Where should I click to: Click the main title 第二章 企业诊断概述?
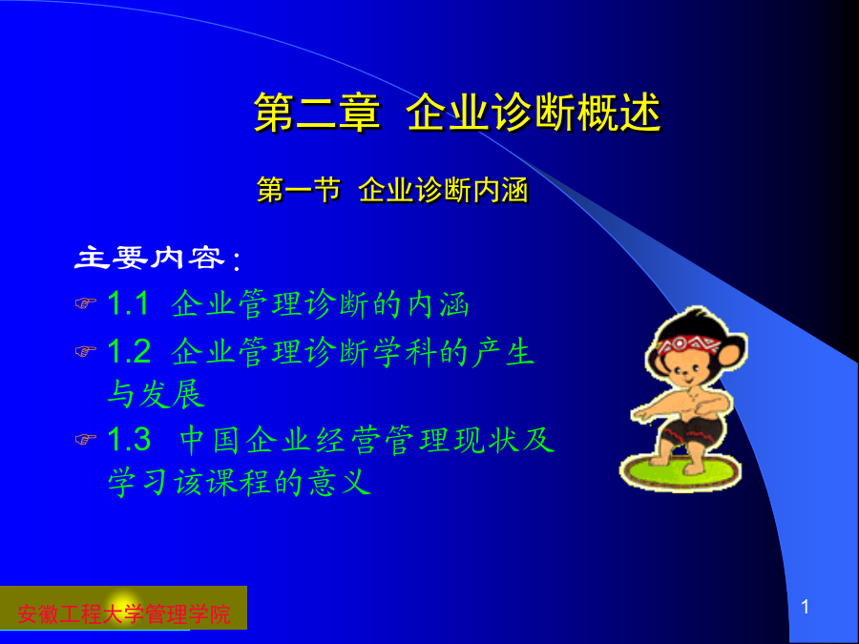457,113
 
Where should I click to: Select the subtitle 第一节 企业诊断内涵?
392,191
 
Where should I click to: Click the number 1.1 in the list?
128,302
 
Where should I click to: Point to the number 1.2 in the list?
129,351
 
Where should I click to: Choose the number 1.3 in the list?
129,439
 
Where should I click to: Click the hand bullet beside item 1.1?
86,302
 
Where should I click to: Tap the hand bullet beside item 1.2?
86,350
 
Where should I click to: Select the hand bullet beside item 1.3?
86,438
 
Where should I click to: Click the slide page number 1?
805,607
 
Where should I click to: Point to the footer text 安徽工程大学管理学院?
124,613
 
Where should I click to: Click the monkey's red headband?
688,344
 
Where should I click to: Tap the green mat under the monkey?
681,472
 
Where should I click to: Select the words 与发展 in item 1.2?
157,394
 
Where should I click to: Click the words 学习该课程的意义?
240,482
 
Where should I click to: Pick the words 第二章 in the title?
317,113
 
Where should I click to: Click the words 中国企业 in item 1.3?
246,439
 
